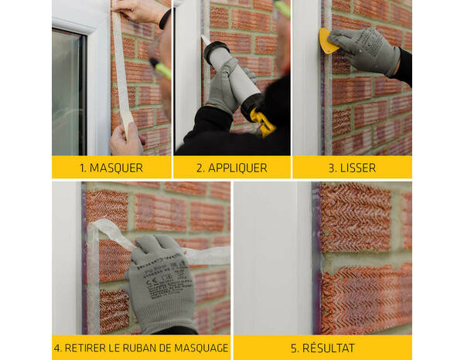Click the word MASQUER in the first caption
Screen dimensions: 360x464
116,168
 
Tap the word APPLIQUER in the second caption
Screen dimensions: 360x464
237,168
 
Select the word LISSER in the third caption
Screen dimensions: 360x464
358,168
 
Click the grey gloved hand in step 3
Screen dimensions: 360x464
363,50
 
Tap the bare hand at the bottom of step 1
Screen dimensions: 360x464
126,141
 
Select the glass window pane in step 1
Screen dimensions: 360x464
68,93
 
